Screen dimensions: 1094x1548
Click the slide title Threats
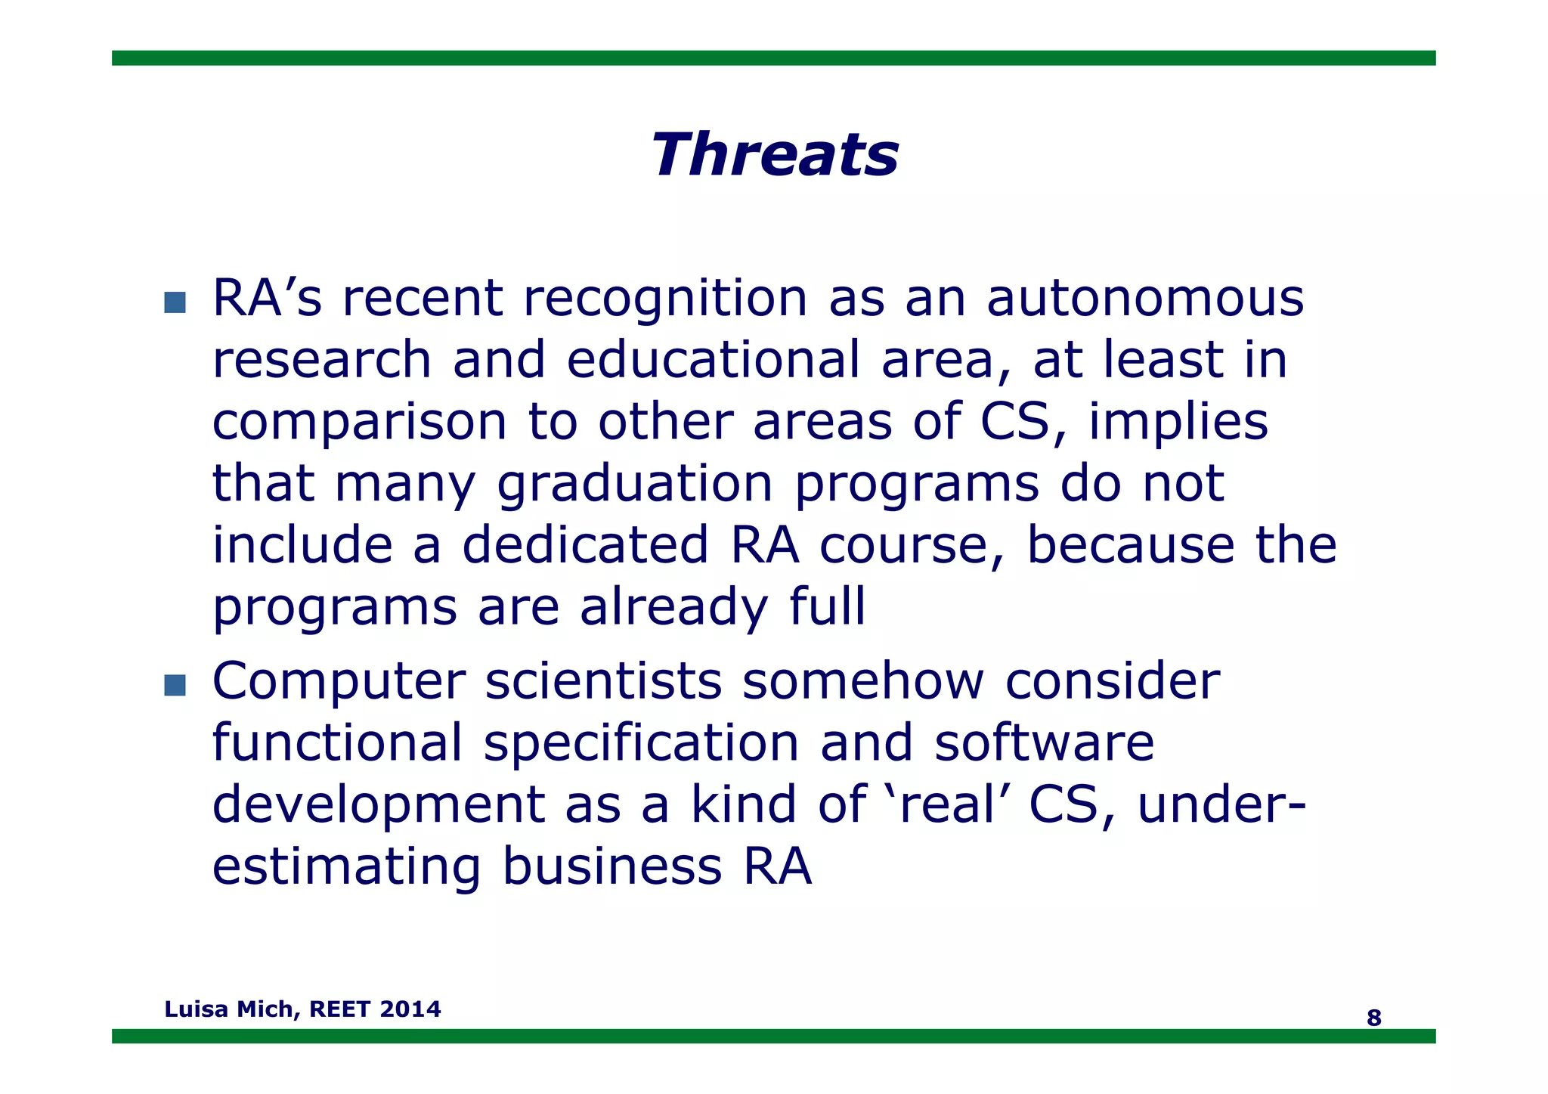(x=775, y=155)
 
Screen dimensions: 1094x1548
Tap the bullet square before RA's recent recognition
(x=175, y=302)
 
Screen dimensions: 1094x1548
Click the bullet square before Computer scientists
(x=175, y=685)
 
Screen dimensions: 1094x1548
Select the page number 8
(x=1373, y=1018)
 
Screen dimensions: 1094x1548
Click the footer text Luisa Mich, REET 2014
(x=302, y=1009)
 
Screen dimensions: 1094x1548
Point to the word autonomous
(x=1145, y=298)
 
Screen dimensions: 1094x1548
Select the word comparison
(x=359, y=422)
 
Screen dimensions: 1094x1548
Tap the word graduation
(x=635, y=484)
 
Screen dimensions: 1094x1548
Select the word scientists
(x=603, y=680)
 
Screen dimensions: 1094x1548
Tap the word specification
(x=641, y=742)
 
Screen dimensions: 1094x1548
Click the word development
(x=378, y=804)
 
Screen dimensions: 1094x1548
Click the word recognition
(x=665, y=298)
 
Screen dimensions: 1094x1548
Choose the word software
(x=1044, y=742)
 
